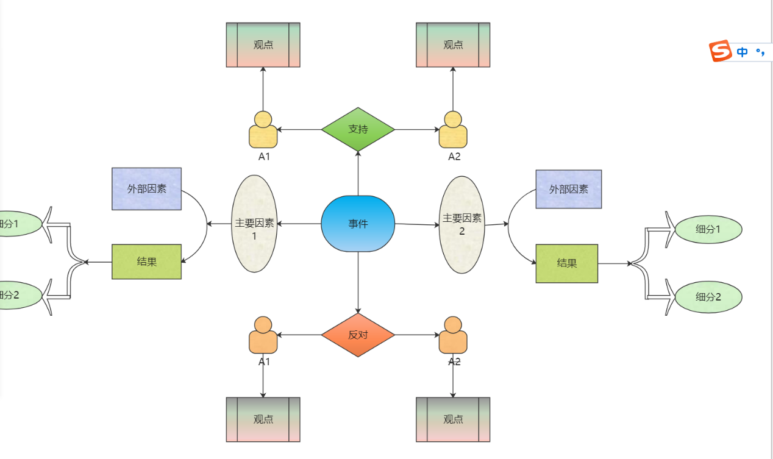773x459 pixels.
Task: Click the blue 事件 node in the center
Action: coord(358,224)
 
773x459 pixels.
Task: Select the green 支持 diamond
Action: coord(358,129)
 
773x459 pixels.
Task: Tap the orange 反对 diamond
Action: coord(358,335)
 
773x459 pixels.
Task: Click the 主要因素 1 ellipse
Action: coord(255,224)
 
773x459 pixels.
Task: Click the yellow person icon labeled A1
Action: coord(263,130)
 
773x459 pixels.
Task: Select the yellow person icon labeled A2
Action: coord(453,130)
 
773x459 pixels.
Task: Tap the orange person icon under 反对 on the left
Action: coord(263,335)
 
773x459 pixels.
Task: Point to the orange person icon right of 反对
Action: coord(453,335)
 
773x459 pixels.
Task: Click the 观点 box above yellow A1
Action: coord(263,45)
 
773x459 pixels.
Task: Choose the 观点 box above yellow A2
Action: coord(453,45)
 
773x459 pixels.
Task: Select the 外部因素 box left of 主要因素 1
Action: coord(146,189)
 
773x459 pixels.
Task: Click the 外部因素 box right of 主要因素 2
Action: coord(568,190)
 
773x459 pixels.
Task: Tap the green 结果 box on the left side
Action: coord(146,262)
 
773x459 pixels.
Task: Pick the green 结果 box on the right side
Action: coord(566,263)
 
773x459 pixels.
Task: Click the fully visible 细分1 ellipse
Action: coord(708,230)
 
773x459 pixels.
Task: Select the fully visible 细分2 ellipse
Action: coord(708,297)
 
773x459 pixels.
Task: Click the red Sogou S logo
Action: coord(720,51)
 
